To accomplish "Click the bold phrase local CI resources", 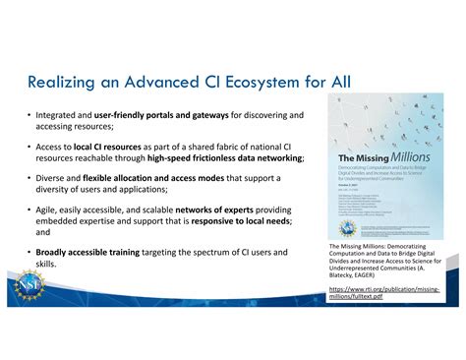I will (107, 146).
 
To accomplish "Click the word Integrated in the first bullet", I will (58, 116).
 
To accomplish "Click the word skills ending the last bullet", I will (45, 265).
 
